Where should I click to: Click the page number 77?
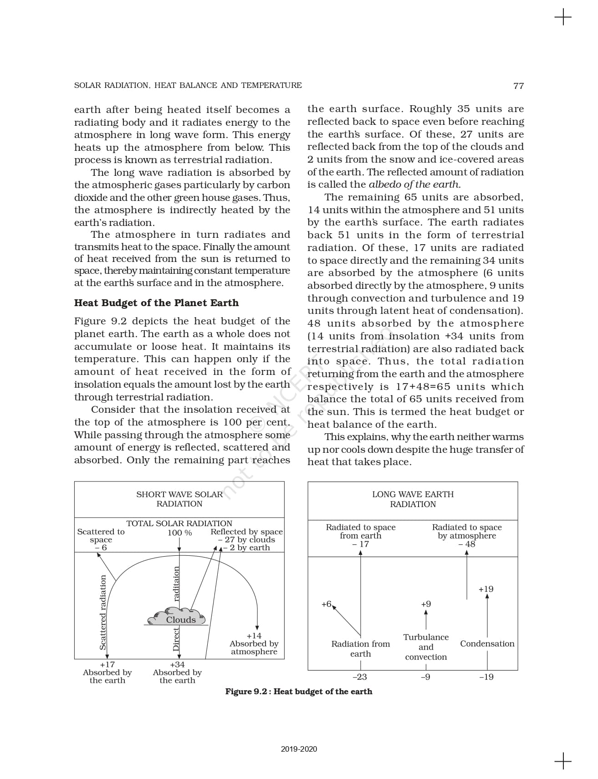coord(518,86)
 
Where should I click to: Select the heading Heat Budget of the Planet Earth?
coord(156,303)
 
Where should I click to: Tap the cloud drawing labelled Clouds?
coord(177,617)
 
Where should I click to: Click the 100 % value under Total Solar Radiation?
coord(179,533)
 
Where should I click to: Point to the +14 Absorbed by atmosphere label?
coord(254,643)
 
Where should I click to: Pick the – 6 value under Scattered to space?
coord(101,548)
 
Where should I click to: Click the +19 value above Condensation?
coord(486,589)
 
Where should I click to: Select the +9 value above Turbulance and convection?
coord(426,604)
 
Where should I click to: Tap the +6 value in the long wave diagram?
coord(326,604)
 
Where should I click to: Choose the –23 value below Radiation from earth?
coord(360,677)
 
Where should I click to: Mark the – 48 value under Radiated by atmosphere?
coord(467,544)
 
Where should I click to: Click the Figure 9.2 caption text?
coord(299,692)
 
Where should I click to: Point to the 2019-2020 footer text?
coord(299,749)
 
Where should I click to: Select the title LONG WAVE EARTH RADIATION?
coord(413,499)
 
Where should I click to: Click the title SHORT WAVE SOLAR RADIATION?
coord(179,499)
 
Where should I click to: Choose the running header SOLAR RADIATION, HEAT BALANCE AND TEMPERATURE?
coord(188,85)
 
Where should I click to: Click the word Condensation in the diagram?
coord(487,644)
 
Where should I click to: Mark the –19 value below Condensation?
coord(486,677)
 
